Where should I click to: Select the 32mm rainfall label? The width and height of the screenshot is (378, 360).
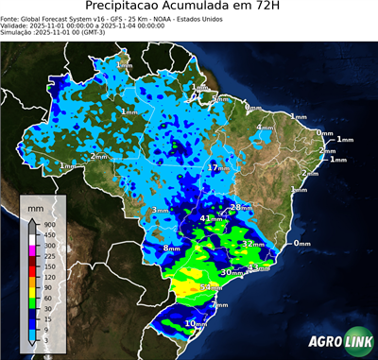(x=251, y=244)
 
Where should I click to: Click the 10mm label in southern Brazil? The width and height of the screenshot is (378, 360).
(x=197, y=324)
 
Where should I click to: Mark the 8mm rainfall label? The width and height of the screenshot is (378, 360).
(x=172, y=249)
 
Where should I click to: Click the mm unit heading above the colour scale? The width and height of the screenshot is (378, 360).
(x=35, y=203)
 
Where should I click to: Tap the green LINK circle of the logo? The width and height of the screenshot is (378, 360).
(x=359, y=342)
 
